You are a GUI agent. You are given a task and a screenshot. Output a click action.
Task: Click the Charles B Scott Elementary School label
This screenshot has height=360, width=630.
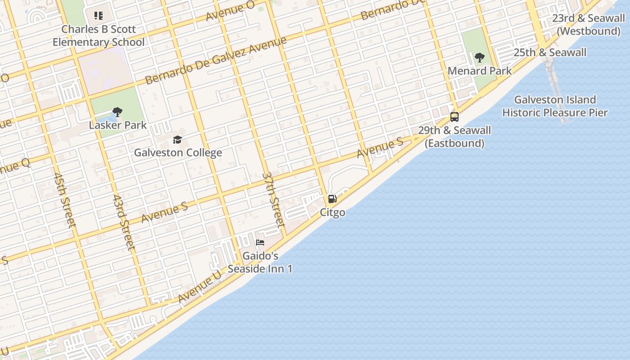pos(99,36)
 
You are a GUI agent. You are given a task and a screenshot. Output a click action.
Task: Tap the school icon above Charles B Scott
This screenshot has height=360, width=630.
pos(99,16)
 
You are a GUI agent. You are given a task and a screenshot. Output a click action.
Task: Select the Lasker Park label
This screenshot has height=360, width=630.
pos(117,125)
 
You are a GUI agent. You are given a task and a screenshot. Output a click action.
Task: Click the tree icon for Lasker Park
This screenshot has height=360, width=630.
pos(117,112)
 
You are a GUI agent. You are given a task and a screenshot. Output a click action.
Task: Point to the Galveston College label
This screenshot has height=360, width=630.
pos(178,153)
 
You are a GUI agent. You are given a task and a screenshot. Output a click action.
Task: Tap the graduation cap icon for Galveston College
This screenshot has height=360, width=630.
pos(177,139)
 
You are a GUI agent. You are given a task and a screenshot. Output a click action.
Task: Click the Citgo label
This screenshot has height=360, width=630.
pos(333,212)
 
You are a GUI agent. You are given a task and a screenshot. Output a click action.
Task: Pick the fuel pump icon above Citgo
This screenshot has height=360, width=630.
pos(332,199)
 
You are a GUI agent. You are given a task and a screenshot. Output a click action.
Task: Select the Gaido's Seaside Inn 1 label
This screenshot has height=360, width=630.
pos(260,262)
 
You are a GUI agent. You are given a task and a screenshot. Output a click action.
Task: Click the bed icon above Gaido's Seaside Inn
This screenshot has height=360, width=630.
pos(260,243)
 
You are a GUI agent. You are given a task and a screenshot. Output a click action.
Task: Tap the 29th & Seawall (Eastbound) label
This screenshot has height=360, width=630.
pos(454,137)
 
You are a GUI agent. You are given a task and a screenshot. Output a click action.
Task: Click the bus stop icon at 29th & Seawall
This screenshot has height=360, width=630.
pos(454,117)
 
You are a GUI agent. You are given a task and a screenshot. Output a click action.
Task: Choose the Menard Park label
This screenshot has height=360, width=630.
pos(480,71)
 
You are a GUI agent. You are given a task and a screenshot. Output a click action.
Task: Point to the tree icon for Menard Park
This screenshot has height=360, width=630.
pos(480,58)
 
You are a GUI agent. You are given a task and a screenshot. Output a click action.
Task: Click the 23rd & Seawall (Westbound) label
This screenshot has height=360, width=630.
pos(589,25)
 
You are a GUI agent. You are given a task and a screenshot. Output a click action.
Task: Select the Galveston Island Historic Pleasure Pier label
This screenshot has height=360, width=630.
pos(555,106)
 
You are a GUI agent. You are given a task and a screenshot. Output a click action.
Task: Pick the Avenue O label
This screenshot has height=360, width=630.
pos(230,11)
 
